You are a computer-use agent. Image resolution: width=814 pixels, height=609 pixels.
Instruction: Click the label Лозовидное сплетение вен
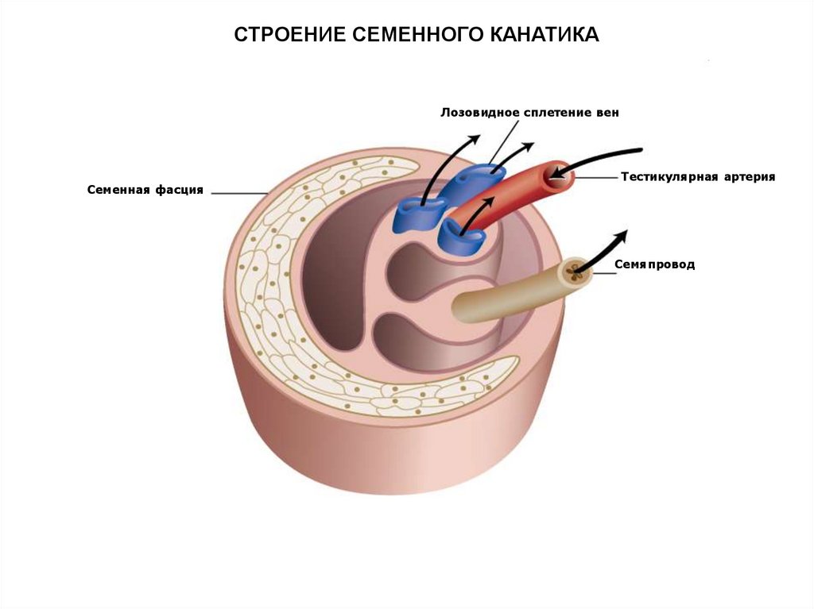point(529,113)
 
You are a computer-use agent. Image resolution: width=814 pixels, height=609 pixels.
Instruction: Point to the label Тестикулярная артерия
point(697,176)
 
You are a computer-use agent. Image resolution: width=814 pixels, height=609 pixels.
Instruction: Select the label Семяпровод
point(654,264)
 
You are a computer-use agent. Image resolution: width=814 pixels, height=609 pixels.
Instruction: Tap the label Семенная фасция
point(145,191)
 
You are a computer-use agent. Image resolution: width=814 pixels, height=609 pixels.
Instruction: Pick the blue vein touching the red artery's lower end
point(459,235)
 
